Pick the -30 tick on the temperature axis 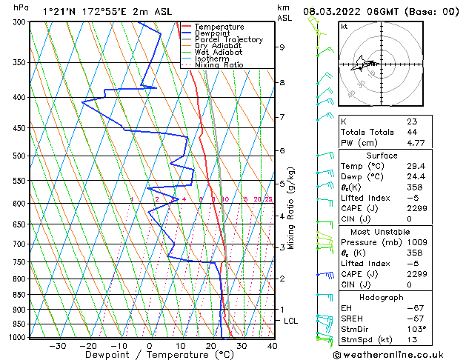coord(57,346)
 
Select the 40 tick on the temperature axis coord(272,346)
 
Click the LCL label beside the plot coord(291,321)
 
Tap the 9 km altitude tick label coord(282,47)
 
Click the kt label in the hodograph coord(344,26)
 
